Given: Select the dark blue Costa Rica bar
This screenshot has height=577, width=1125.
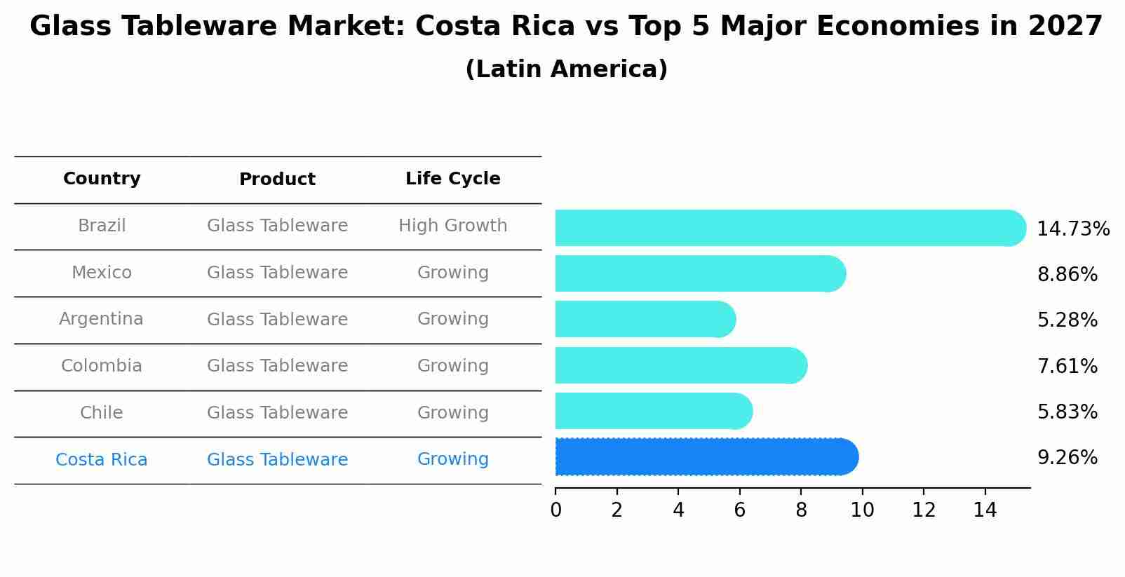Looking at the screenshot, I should [705, 457].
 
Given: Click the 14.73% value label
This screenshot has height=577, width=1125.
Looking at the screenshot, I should [1072, 229].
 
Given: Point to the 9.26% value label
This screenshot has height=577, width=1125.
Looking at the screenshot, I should [1067, 458].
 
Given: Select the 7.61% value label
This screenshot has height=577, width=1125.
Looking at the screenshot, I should [1067, 366].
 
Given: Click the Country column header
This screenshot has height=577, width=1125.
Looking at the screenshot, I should [102, 179].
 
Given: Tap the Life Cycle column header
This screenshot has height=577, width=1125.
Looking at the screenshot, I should [452, 179].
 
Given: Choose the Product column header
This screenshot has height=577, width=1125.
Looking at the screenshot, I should [277, 179].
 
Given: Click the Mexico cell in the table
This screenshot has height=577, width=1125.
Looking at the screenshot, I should [102, 273].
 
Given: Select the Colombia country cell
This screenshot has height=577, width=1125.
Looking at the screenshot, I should [102, 366].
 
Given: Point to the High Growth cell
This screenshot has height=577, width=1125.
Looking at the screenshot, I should [452, 226].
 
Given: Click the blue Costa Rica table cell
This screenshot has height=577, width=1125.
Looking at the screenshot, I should [102, 460].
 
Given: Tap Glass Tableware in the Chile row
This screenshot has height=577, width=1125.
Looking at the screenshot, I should [277, 413].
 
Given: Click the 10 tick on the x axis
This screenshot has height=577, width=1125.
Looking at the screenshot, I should [862, 510].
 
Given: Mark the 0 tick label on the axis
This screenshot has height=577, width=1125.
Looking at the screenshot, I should [555, 510].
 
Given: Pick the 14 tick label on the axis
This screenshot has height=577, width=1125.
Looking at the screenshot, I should [985, 510].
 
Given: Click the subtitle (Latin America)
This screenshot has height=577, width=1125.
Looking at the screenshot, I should [566, 69].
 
